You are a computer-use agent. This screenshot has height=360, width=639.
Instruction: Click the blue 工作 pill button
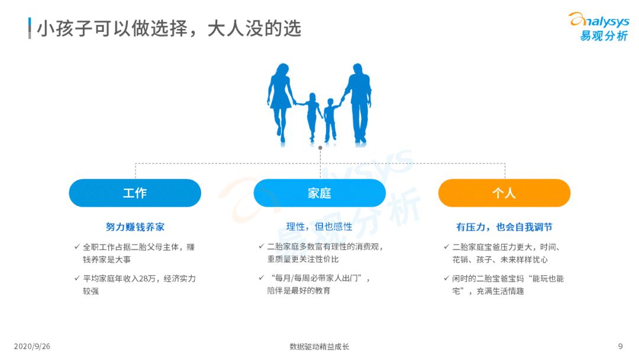135,193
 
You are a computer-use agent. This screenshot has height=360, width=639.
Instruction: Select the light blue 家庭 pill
319,193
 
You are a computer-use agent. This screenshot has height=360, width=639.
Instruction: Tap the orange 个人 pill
504,193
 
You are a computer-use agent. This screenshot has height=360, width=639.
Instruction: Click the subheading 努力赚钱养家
135,227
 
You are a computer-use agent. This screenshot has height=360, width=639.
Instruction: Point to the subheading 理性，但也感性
319,227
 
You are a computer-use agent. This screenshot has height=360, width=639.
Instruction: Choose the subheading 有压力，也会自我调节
504,227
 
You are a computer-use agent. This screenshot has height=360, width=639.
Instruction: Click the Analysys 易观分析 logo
599,27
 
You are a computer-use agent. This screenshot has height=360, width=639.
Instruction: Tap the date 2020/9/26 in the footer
32,346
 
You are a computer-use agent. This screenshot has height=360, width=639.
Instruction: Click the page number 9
620,346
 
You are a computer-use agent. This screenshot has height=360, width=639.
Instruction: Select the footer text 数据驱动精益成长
319,346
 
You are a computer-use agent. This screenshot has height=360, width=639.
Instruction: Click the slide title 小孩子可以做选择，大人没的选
169,28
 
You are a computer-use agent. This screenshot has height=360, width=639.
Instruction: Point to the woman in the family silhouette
281,104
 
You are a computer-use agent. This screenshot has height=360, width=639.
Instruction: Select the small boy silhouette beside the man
331,120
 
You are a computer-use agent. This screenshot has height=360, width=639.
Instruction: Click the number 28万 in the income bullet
147,279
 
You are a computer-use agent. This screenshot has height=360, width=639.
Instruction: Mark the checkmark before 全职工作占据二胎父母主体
76,247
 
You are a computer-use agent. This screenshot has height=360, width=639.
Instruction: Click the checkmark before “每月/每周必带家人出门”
262,278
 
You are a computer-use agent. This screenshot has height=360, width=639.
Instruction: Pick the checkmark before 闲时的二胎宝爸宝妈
446,278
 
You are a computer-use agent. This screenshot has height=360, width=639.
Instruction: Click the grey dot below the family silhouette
320,148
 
